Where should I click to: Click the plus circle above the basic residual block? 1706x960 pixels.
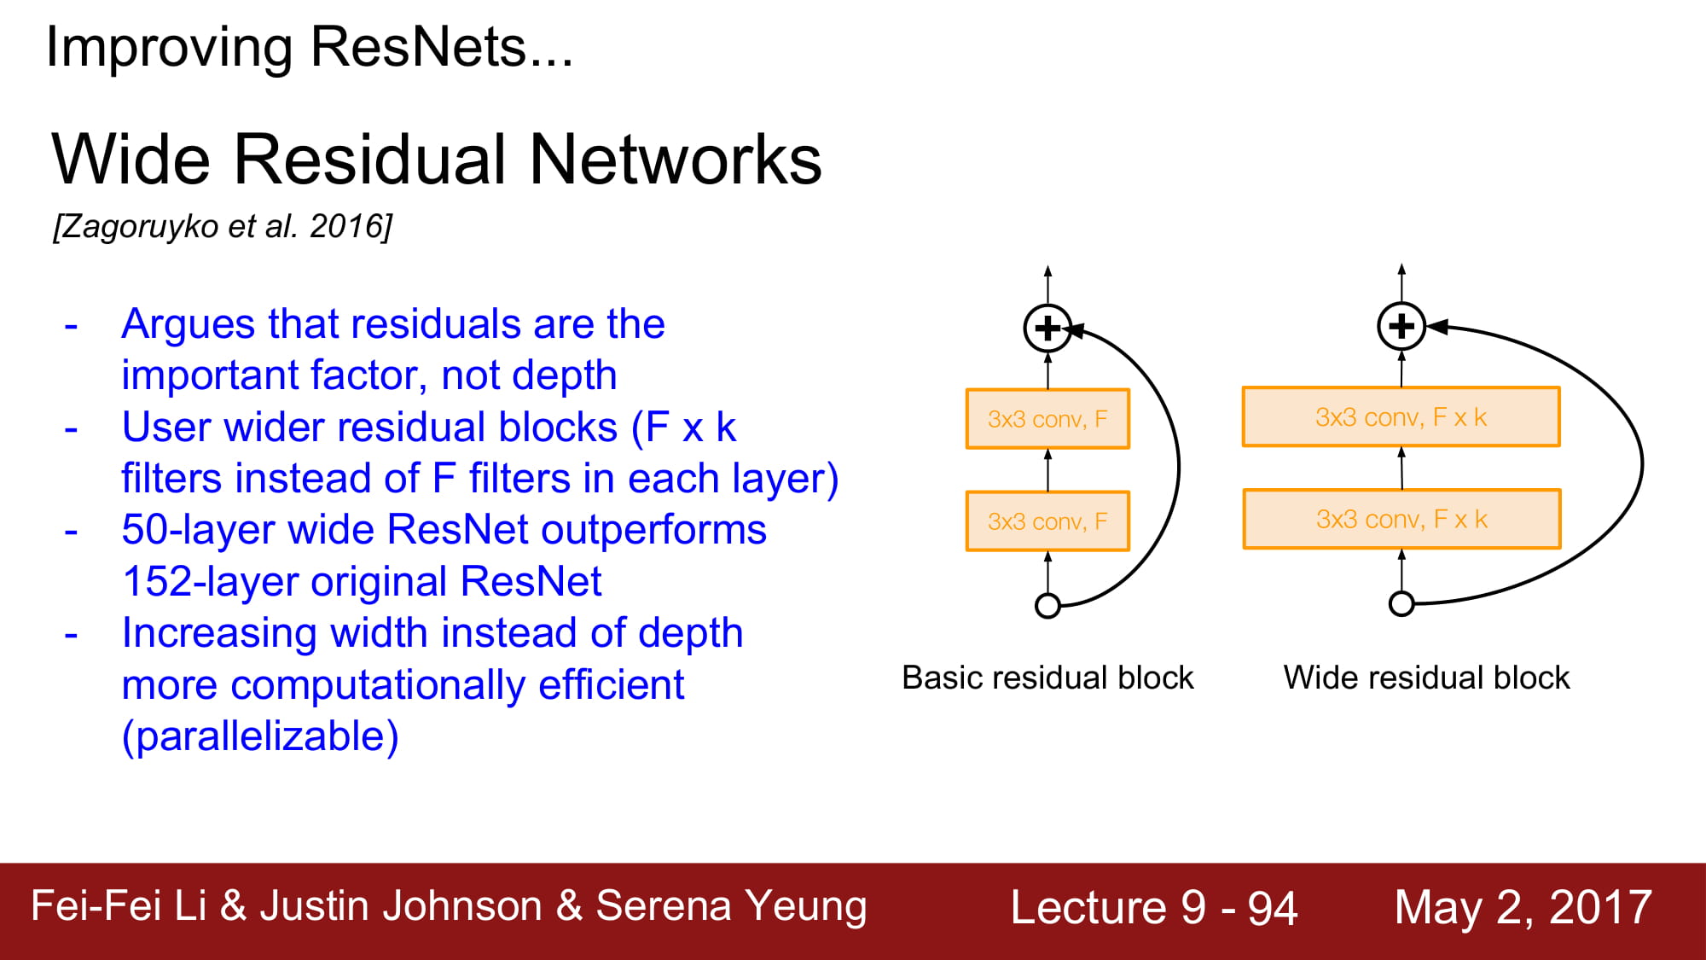[1047, 328]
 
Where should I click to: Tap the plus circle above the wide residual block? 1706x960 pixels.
[1401, 326]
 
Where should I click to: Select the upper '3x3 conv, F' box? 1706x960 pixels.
[1047, 419]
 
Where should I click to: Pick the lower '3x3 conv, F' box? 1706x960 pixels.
[1047, 521]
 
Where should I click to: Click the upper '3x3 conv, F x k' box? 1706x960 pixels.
[1401, 417]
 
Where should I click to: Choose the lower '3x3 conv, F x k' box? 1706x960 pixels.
[1401, 519]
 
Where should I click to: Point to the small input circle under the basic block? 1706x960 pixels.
[1047, 606]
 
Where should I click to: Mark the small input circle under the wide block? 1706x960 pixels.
[1401, 604]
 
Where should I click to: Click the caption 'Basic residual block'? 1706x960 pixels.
[1047, 678]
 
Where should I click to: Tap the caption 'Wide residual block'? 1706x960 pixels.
[1426, 678]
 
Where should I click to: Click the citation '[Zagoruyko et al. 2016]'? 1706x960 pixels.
[223, 226]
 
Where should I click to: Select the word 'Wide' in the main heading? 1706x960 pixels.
[131, 160]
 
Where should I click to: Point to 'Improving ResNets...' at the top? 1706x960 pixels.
[310, 47]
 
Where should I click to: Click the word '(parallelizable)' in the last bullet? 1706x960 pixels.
[260, 736]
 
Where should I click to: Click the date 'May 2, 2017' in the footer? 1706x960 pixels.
[1523, 907]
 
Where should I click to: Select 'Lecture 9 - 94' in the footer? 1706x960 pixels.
[1154, 907]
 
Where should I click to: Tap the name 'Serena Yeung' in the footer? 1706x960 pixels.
[731, 906]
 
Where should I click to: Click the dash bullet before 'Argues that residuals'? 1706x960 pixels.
[72, 326]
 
